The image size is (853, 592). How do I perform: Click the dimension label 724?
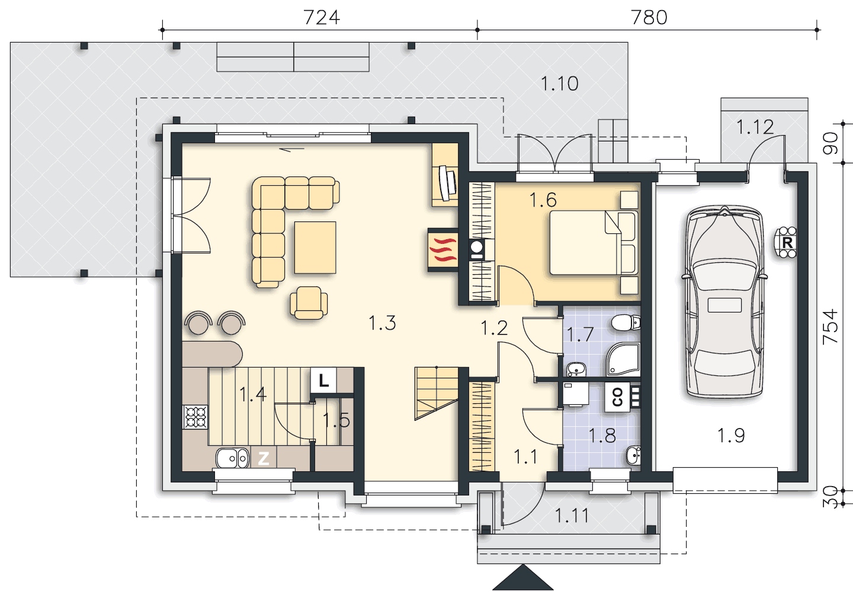[x=322, y=18]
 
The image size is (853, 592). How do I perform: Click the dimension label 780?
[x=649, y=18]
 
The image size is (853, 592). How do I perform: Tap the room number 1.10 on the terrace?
[x=559, y=83]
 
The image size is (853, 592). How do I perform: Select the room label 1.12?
[x=755, y=127]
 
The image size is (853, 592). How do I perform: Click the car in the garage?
[x=724, y=302]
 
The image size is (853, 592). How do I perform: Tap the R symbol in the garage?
[x=787, y=242]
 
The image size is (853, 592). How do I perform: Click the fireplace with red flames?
[x=443, y=250]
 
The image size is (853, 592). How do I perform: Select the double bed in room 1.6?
[x=594, y=242]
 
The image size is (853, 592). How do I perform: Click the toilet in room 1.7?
[x=626, y=323]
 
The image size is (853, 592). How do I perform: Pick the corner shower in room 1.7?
[x=623, y=359]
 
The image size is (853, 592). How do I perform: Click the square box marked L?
[x=323, y=380]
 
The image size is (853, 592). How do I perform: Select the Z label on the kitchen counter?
[x=264, y=458]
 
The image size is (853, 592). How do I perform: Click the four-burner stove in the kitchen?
[x=195, y=417]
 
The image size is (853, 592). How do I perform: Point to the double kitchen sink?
[x=232, y=458]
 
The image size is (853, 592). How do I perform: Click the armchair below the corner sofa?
[x=309, y=303]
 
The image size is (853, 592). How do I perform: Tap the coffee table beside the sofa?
[x=315, y=247]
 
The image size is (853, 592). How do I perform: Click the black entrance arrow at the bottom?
[x=523, y=578]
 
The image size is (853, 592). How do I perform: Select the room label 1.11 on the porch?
[x=572, y=516]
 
